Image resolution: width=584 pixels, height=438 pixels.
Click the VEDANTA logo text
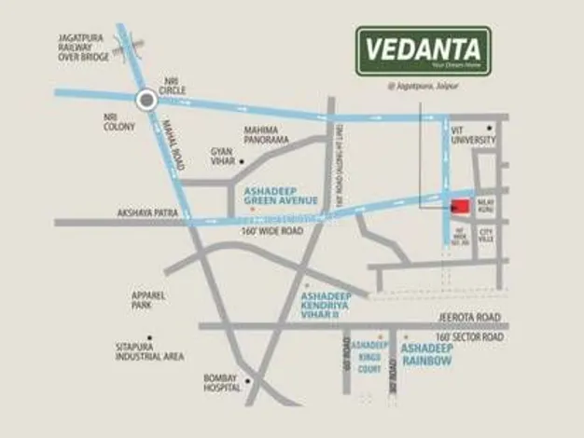point(423,48)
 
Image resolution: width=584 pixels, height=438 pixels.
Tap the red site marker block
point(460,208)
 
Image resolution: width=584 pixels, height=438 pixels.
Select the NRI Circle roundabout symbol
point(146,100)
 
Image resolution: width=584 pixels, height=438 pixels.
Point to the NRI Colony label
point(118,122)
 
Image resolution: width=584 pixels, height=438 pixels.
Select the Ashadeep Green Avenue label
point(281,196)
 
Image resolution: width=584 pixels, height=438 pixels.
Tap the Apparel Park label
point(148,300)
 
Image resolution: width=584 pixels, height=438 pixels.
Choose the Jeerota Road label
point(469,318)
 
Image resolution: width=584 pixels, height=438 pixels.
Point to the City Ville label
point(486,237)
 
